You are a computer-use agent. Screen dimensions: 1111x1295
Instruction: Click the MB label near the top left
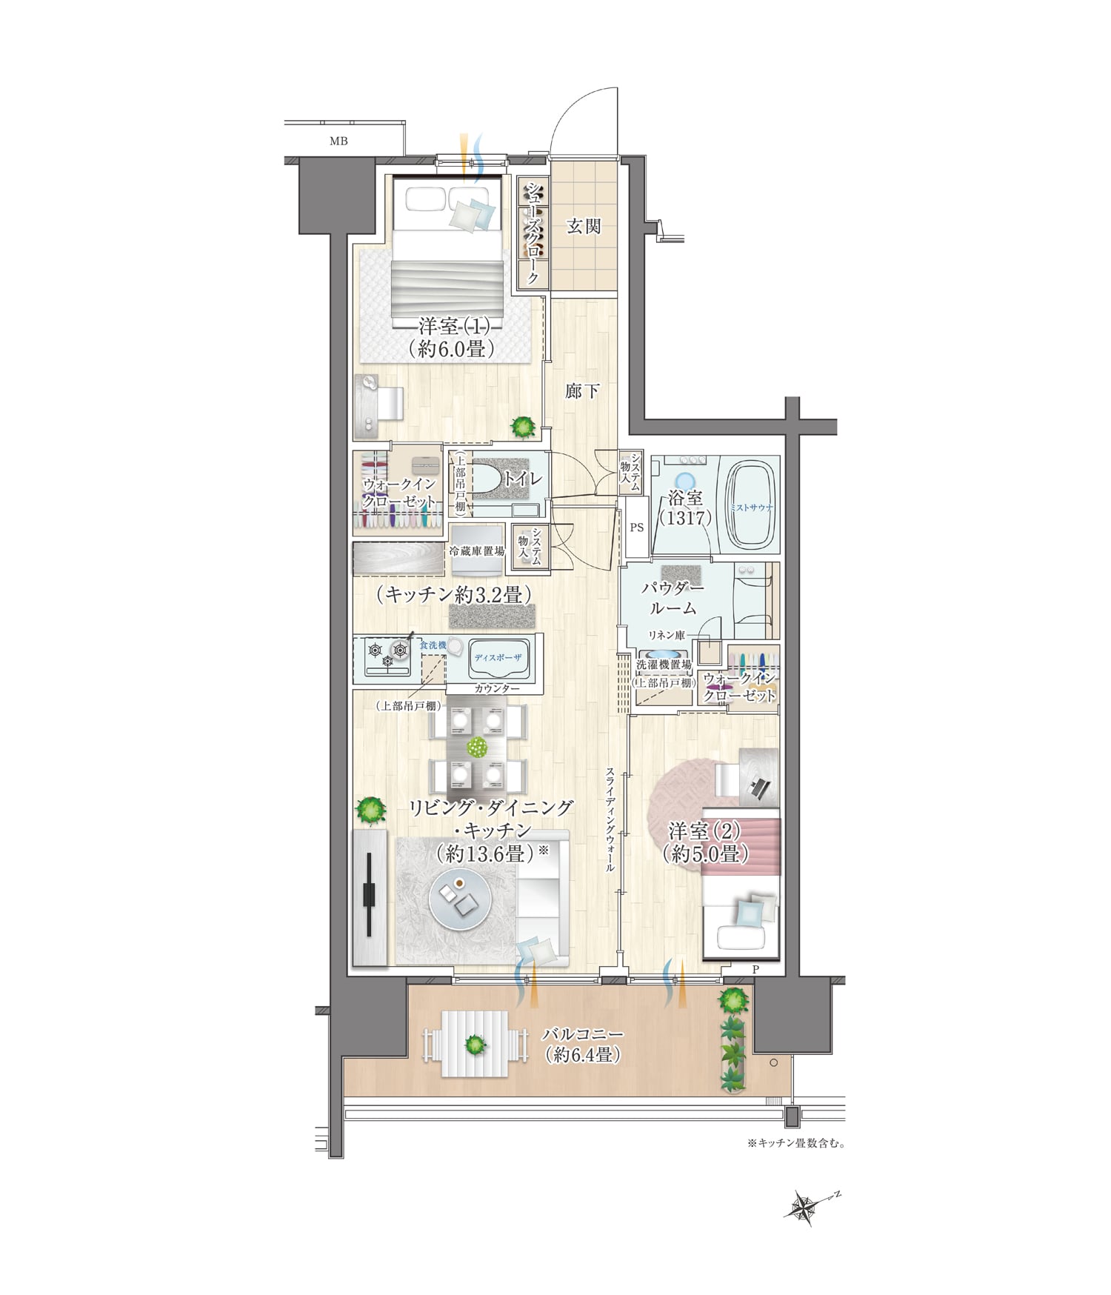tap(338, 141)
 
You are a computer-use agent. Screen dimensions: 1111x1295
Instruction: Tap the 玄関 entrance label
tap(584, 226)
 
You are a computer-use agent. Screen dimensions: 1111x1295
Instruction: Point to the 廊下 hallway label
tap(582, 390)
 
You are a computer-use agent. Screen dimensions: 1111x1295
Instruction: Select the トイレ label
tap(523, 479)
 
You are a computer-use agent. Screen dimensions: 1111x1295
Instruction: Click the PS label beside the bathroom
tap(636, 527)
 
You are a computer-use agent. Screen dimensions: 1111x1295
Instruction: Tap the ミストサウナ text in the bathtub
tap(752, 507)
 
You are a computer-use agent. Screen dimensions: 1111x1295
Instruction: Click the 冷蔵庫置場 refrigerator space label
tap(477, 551)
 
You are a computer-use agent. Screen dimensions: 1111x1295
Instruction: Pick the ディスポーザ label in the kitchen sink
tap(498, 658)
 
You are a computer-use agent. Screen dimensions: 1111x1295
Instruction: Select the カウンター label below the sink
tap(497, 688)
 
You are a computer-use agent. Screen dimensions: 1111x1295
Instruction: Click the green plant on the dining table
tap(478, 747)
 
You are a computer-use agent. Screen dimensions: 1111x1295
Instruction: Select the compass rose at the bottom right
tap(804, 1208)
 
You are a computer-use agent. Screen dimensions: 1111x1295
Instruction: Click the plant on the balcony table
tap(475, 1046)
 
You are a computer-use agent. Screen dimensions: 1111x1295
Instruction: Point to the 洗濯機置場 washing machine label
tap(664, 665)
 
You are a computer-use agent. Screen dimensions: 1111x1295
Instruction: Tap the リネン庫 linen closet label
tap(667, 635)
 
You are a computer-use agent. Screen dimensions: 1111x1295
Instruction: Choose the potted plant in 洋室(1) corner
tap(524, 426)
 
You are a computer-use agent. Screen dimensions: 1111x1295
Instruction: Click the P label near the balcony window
tap(755, 969)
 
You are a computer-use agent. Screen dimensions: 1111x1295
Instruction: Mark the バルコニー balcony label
tap(583, 1034)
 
